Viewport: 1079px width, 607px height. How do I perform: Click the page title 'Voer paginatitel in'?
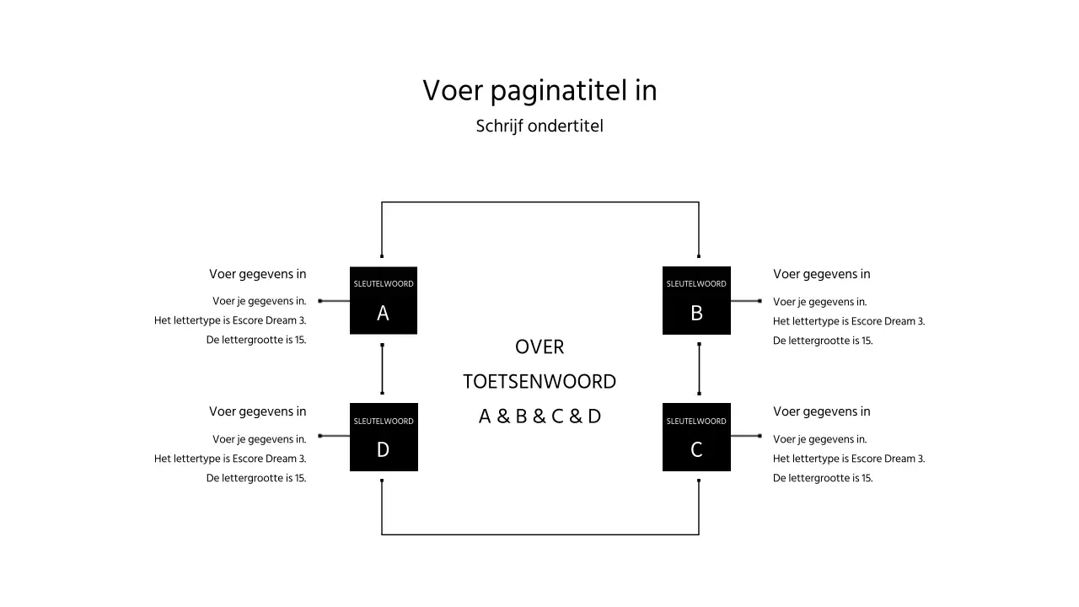539,91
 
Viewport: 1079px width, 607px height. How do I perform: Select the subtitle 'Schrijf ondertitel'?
539,126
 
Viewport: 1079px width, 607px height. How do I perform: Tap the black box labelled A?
384,301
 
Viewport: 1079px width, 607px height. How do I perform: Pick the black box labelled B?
696,301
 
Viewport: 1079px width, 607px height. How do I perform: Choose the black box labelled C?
696,438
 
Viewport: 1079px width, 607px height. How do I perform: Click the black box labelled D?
384,438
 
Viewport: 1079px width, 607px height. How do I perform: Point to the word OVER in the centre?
539,347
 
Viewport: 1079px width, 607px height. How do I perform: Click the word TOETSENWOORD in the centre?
539,382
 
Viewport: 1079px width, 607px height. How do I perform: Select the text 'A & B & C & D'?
539,416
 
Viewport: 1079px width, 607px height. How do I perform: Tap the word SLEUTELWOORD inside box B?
696,284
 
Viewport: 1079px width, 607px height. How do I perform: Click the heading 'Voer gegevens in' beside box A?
258,274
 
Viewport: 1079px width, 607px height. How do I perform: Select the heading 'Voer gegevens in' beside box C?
821,411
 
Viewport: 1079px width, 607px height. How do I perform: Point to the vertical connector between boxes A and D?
383,369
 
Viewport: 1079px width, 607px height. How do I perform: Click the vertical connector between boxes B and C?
699,369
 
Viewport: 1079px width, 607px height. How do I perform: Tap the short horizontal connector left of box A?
335,301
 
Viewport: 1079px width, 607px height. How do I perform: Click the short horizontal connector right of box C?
745,436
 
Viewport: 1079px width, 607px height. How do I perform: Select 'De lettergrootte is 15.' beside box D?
256,478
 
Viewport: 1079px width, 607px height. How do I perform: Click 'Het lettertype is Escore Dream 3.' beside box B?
848,321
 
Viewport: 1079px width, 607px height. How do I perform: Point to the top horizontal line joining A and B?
539,202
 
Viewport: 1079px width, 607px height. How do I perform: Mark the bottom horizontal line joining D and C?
539,534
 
